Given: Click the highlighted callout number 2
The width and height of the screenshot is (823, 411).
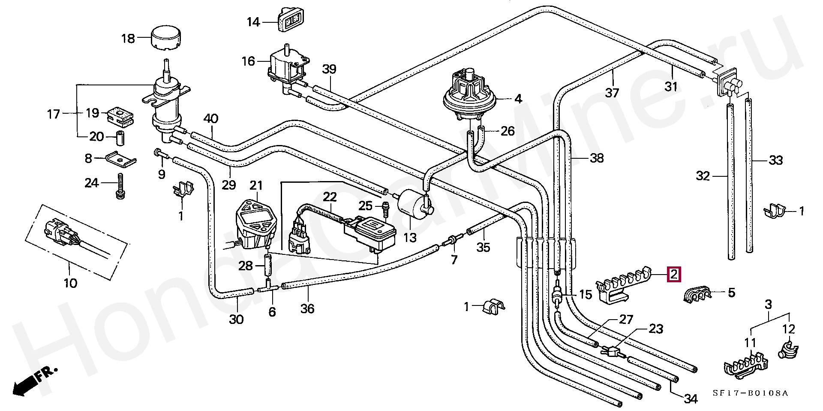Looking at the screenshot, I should coord(674,274).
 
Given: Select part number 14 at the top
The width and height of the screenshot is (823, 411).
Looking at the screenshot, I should coord(253,22).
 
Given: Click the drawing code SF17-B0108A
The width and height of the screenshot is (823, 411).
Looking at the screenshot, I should coord(751,393).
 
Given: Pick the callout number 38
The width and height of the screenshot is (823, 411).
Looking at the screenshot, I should coord(597,158).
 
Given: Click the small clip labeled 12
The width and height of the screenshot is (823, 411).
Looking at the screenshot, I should coord(787,349).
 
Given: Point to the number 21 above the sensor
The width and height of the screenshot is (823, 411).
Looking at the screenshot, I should coord(256,185).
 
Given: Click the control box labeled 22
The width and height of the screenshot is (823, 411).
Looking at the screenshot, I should coord(371,232).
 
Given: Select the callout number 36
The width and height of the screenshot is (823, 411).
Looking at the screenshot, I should coord(307,308).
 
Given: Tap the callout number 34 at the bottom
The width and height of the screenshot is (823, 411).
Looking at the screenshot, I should coord(690,399).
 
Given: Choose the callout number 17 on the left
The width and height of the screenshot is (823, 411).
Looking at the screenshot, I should coord(53,114).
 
